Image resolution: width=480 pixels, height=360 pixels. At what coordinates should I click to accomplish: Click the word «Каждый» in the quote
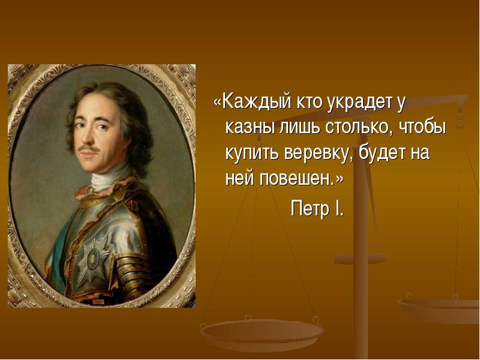(x=257, y=102)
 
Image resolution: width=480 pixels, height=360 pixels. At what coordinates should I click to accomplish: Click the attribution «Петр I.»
(x=317, y=209)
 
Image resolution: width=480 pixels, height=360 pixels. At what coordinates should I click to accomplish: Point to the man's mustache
(x=88, y=148)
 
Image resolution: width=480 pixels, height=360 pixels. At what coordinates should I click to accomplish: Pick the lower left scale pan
(x=262, y=332)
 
